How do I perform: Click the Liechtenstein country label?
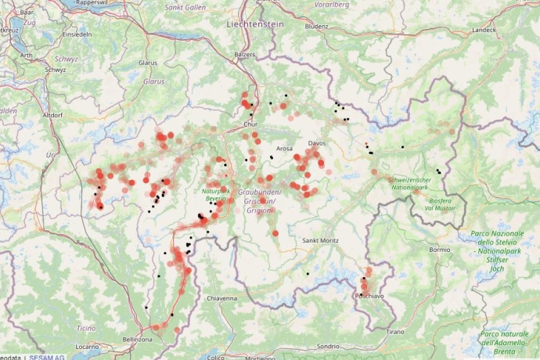coord(254,24)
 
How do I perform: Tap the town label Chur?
coord(250,124)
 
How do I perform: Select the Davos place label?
coord(317,143)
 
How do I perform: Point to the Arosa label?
coord(284,148)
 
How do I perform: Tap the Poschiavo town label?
coord(369,297)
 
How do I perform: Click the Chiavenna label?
coord(221,298)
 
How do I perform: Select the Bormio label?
coord(440,249)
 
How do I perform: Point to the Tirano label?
coord(395,332)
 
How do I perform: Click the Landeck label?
coord(483,31)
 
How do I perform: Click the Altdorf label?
coord(52,114)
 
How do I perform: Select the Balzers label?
coord(244,55)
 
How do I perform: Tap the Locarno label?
coord(87,345)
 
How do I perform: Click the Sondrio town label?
coord(328,346)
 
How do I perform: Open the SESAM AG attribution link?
coord(47,356)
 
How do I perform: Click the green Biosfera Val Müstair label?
coord(439,204)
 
